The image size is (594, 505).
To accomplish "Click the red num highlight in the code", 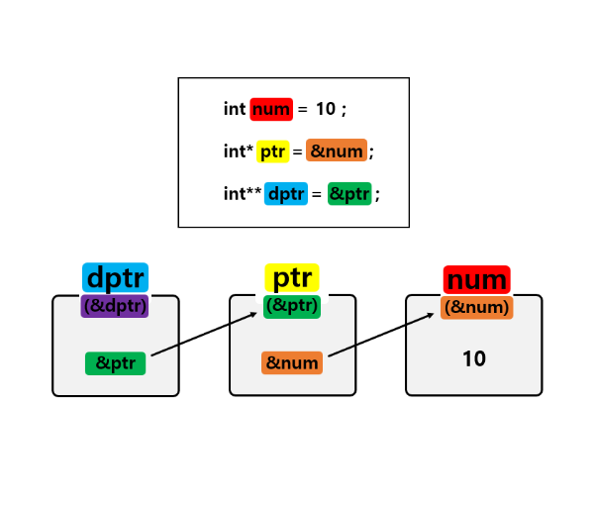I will pos(270,110).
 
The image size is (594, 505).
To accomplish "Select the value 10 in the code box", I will pos(326,110).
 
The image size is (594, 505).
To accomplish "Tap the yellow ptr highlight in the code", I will pos(272,151).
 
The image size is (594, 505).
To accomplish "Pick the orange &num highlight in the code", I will pos(337,151).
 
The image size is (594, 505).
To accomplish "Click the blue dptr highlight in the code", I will pos(286,194).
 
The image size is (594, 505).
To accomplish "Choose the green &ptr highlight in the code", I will pos(349,194).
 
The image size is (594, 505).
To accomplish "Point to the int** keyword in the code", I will pos(243,194).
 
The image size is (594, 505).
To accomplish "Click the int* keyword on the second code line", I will pos(238,151).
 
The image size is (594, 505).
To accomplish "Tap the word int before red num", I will pos(235,110).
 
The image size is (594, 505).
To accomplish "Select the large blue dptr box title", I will pos(115,278).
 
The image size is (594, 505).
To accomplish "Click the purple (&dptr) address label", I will pos(115,306).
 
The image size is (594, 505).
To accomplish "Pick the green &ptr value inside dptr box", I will pos(115,363).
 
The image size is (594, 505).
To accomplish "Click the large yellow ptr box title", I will pos(292,278).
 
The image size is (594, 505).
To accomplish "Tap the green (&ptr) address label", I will pos(292,306).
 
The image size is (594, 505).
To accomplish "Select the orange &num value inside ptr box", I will pos(292,363).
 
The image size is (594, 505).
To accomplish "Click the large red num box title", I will pos(476,279).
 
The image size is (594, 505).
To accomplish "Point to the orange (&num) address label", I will pos(476,307).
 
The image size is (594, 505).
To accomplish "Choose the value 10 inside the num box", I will pos(474,358).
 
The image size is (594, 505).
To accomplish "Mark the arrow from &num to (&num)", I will pos(381,336).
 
